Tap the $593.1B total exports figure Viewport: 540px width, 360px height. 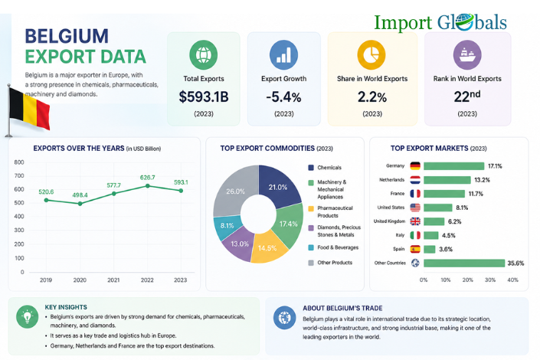(204, 97)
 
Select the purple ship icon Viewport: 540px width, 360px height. (467, 55)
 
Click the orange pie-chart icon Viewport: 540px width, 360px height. (371, 55)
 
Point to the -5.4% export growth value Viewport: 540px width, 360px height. (283, 97)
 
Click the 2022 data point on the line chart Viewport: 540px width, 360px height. (147, 185)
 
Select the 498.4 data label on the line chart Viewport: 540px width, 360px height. (80, 195)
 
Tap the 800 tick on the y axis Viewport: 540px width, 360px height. (19, 162)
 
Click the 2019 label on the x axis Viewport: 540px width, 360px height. (46, 280)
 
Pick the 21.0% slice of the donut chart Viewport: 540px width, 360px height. (280, 186)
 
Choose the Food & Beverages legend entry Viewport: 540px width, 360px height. (333, 247)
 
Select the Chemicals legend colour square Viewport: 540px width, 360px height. (311, 168)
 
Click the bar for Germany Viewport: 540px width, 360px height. (454, 166)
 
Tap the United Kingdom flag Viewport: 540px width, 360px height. (415, 221)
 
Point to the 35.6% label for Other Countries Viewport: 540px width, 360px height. (515, 263)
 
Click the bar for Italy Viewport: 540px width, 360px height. (430, 235)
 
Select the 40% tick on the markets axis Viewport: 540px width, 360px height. (512, 280)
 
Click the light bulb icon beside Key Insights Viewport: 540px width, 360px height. (28, 316)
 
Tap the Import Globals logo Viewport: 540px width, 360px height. (440, 23)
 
